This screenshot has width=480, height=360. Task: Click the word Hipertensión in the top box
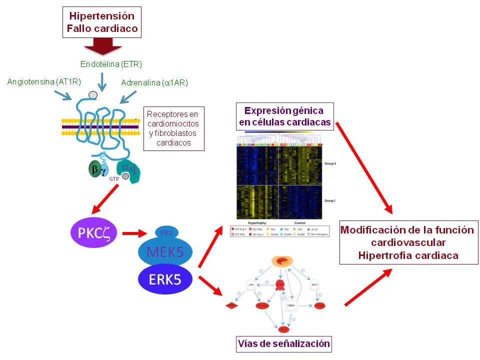click(102, 15)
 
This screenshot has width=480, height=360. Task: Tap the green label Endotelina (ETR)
click(111, 64)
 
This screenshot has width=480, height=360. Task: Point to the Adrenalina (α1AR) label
click(154, 82)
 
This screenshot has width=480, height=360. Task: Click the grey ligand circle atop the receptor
click(93, 95)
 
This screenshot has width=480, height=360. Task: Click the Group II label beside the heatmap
click(331, 163)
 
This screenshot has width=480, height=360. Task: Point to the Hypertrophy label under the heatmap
click(258, 222)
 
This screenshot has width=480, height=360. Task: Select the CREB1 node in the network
click(291, 305)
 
